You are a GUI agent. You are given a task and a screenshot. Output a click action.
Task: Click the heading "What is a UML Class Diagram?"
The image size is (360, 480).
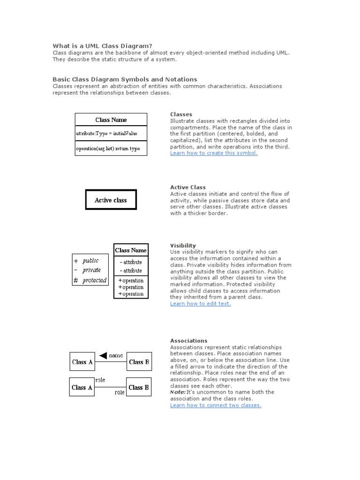coord(102,45)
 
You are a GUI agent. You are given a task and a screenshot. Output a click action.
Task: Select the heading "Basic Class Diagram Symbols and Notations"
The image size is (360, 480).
coord(125,79)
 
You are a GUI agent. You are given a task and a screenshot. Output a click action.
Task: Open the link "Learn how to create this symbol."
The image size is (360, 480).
coord(214,153)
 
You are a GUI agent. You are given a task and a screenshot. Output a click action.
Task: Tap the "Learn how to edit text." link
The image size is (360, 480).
coord(200,303)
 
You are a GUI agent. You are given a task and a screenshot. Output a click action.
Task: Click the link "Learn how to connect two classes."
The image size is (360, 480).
coord(216,405)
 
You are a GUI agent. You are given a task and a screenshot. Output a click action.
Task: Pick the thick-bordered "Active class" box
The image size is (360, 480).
coord(111,200)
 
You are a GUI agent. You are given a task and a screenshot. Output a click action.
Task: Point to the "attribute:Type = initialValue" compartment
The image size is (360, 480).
coord(111,134)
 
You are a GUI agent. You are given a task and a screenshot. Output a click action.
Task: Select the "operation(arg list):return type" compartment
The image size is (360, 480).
coord(111,149)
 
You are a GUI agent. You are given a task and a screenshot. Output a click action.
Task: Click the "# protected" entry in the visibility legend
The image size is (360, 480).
coord(90,280)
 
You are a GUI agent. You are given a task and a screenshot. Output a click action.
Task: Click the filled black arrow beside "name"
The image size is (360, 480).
coord(103,355)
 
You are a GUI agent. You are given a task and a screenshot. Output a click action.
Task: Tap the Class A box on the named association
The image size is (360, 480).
coord(82,362)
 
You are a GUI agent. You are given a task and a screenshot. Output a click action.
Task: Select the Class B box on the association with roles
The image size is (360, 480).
coord(139,387)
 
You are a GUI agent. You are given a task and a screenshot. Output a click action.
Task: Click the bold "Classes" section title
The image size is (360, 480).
coord(181,114)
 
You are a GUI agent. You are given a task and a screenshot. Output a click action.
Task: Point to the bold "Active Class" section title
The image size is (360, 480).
coord(187,187)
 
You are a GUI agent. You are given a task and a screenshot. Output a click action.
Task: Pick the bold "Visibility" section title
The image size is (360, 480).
coord(183,246)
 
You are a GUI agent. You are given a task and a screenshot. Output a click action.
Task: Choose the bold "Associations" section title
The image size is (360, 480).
coord(188,341)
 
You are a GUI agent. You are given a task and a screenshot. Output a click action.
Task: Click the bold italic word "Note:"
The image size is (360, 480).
coord(178,392)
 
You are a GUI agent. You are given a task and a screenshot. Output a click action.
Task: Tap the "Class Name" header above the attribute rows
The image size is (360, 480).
coord(131,250)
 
